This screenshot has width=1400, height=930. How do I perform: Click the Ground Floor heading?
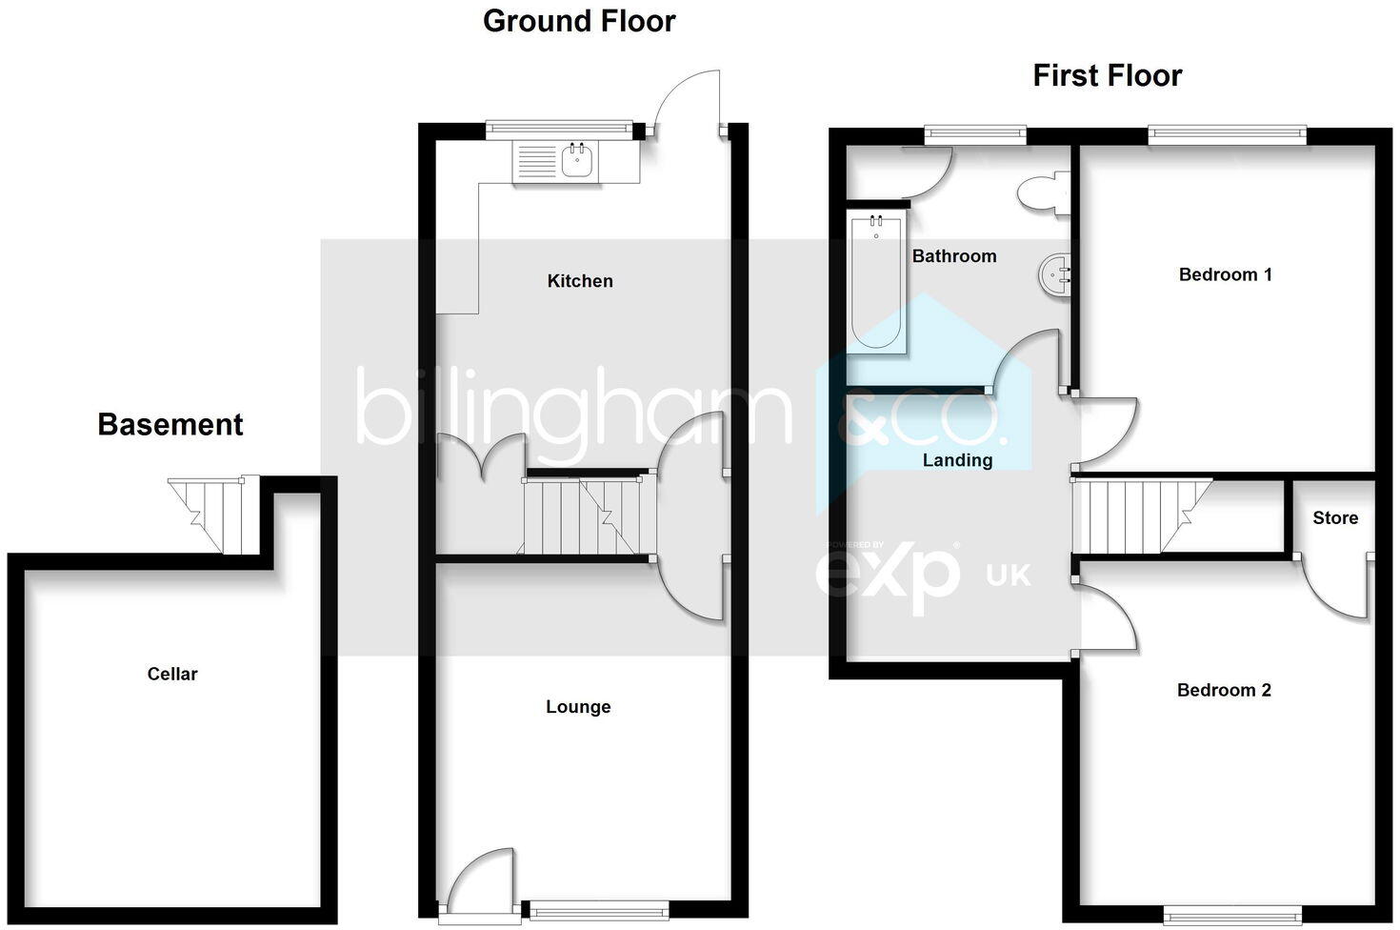click(579, 21)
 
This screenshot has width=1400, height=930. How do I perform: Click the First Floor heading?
click(1107, 75)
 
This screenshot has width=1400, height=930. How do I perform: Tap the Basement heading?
click(170, 424)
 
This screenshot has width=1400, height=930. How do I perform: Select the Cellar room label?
click(172, 674)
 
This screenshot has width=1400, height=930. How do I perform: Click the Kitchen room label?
click(580, 281)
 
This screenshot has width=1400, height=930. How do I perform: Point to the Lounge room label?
click(578, 707)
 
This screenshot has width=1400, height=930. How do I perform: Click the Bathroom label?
click(954, 256)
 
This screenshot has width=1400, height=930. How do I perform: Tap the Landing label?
click(957, 460)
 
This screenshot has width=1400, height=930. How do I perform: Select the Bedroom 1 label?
click(1225, 274)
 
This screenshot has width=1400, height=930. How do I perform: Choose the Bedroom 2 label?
click(1224, 690)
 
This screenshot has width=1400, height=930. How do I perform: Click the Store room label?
click(1335, 518)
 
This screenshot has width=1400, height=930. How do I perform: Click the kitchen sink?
click(577, 161)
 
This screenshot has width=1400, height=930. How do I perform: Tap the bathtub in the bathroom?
click(876, 283)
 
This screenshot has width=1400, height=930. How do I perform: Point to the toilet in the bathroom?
click(1043, 194)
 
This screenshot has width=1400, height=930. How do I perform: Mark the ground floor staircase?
click(583, 516)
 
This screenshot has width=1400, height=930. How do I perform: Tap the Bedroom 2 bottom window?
click(1232, 914)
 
